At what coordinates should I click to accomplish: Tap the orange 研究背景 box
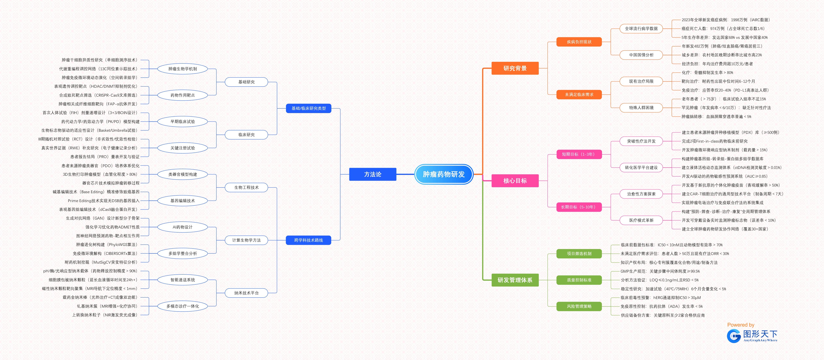(x=515, y=68)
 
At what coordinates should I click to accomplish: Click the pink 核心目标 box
(x=515, y=181)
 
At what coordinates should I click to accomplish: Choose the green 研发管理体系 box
(x=515, y=280)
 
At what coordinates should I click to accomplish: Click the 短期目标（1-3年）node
(x=579, y=154)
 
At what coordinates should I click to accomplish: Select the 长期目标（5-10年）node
(x=579, y=207)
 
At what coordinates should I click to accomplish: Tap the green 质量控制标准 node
(x=579, y=280)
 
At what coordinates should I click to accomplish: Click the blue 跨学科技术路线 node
(x=308, y=240)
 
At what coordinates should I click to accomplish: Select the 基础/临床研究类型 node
(x=308, y=108)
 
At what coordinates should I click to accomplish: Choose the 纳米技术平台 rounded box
(x=246, y=293)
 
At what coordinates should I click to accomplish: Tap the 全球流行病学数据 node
(x=641, y=28)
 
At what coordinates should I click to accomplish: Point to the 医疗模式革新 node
(x=641, y=220)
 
